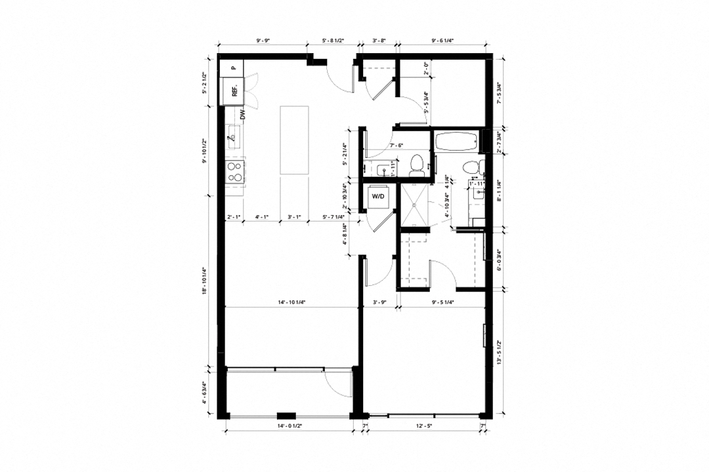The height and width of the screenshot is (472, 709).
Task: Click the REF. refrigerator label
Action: click(234, 91)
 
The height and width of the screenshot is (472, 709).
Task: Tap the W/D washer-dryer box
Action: click(378, 195)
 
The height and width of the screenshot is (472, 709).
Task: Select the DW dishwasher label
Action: click(242, 114)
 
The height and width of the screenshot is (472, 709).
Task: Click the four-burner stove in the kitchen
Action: click(234, 172)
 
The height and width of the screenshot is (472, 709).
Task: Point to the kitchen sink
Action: click(234, 137)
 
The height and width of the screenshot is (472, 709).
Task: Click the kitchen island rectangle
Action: click(295, 140)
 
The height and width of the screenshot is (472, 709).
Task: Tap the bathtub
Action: click(457, 141)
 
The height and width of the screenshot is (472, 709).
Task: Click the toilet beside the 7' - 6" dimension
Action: click(415, 164)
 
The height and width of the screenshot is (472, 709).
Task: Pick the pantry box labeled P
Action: click(232, 67)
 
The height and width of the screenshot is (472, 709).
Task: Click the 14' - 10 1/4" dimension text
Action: click(292, 303)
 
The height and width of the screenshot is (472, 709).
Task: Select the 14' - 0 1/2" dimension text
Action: click(290, 427)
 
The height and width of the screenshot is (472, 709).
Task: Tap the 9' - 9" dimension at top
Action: click(263, 41)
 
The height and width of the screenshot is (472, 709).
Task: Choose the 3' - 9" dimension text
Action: click(379, 303)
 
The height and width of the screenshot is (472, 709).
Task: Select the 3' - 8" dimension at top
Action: click(379, 41)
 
